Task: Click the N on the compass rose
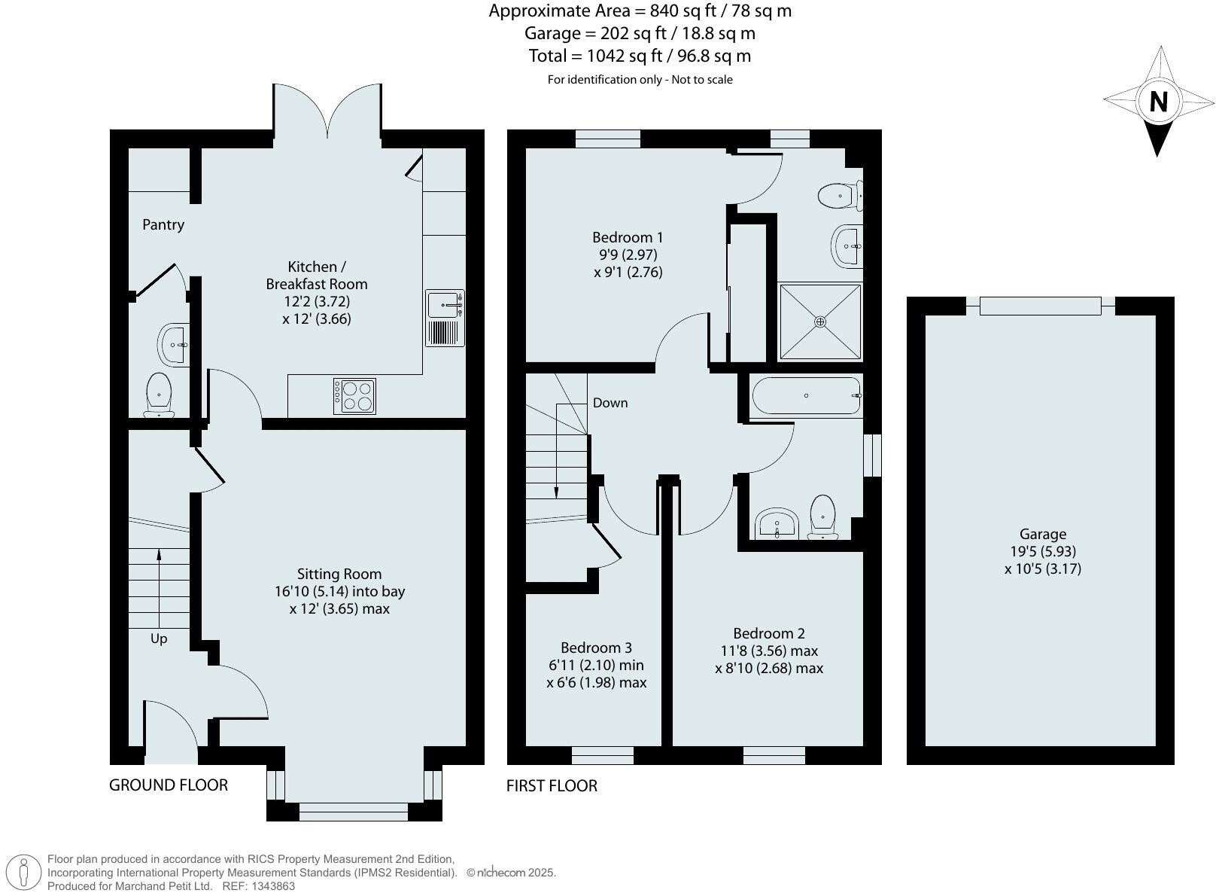[1158, 102]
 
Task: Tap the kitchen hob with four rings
[354, 396]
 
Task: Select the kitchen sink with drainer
[445, 318]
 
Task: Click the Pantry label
[163, 224]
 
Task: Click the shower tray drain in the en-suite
[820, 322]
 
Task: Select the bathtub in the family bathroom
[805, 395]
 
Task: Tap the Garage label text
[1042, 534]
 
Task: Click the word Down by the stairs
[610, 403]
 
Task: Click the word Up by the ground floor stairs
[159, 639]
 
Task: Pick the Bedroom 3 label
[596, 648]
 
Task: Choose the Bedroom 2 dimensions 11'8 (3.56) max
[769, 651]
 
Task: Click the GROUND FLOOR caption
[169, 785]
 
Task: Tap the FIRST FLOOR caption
[552, 785]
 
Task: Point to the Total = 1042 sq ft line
[640, 56]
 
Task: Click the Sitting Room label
[339, 574]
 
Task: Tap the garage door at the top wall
[1040, 306]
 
